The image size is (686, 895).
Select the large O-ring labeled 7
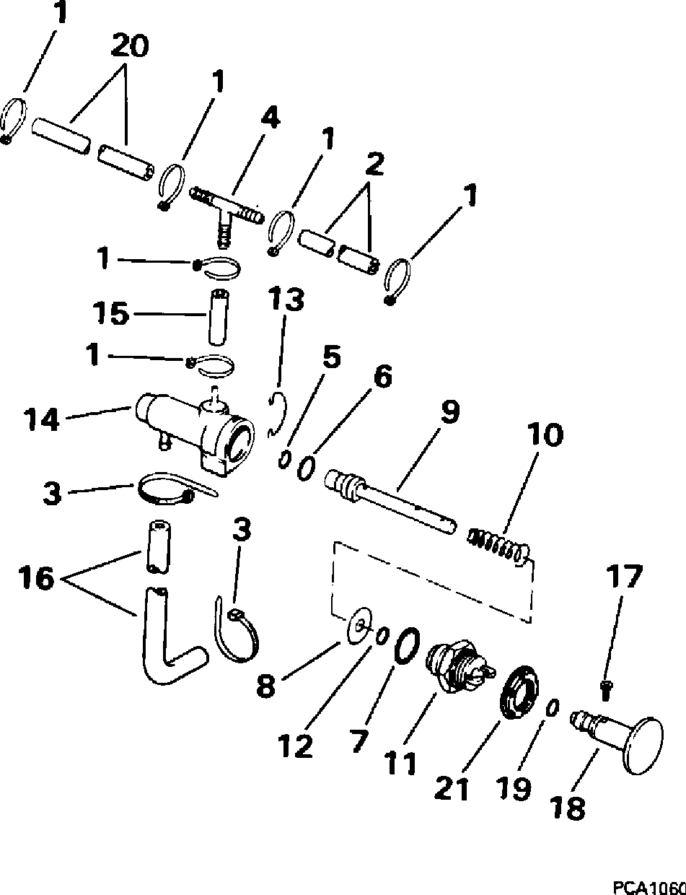[406, 642]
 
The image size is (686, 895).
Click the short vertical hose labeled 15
[218, 316]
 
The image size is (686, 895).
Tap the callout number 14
[40, 419]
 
